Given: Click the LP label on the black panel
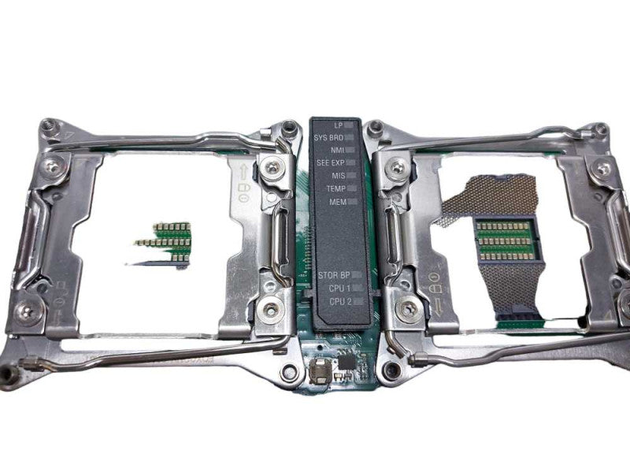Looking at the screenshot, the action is [338, 125].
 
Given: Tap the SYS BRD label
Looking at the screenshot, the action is [328, 138].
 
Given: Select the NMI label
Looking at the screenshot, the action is [338, 150].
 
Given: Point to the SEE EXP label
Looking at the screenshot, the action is [331, 163].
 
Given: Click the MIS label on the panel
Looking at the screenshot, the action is [339, 176].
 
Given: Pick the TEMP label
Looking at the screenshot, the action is [336, 188].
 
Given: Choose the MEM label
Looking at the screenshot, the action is [338, 202].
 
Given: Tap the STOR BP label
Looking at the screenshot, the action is [334, 275].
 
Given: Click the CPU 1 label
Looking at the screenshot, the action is [339, 289].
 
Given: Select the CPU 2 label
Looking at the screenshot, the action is [340, 301].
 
